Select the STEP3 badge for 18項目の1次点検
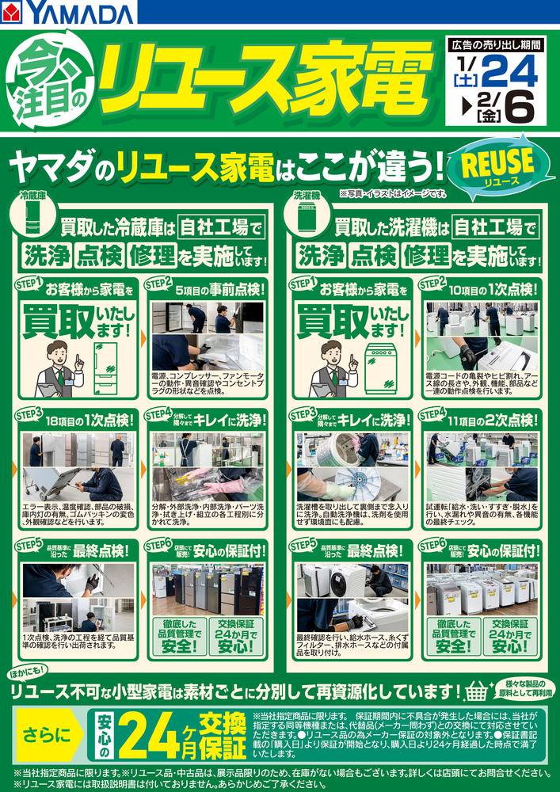pyautogui.click(x=29, y=413)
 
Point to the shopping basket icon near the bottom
pyautogui.click(x=477, y=692)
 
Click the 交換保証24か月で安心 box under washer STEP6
pyautogui.click(x=509, y=634)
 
